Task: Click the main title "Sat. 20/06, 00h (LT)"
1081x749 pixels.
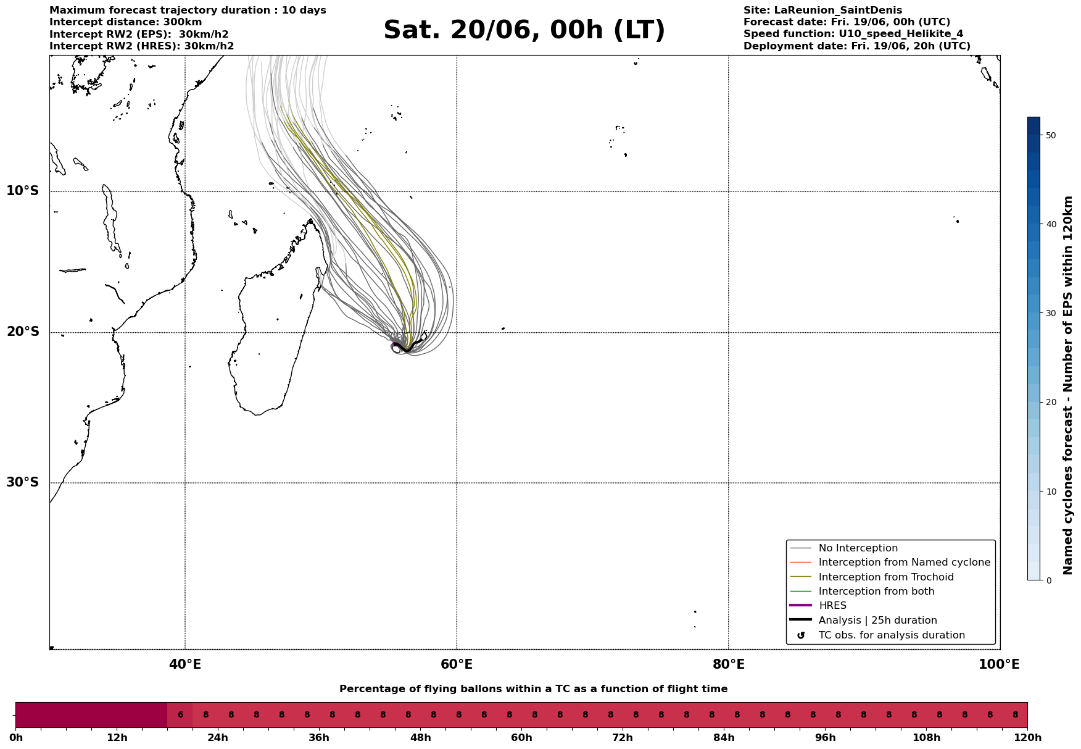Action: point(524,30)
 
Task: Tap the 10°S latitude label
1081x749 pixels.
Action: point(23,191)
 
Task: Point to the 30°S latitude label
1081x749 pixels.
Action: point(23,482)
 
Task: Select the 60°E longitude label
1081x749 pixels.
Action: point(457,665)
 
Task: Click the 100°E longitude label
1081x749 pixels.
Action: point(999,665)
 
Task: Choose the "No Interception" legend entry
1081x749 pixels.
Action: point(858,548)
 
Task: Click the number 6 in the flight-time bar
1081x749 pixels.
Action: point(180,715)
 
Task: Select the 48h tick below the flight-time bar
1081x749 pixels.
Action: point(420,738)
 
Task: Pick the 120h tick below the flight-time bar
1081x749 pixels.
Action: point(1027,738)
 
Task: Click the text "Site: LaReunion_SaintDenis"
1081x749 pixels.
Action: point(822,10)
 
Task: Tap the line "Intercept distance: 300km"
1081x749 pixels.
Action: point(126,22)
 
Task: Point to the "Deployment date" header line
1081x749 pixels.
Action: point(857,46)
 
